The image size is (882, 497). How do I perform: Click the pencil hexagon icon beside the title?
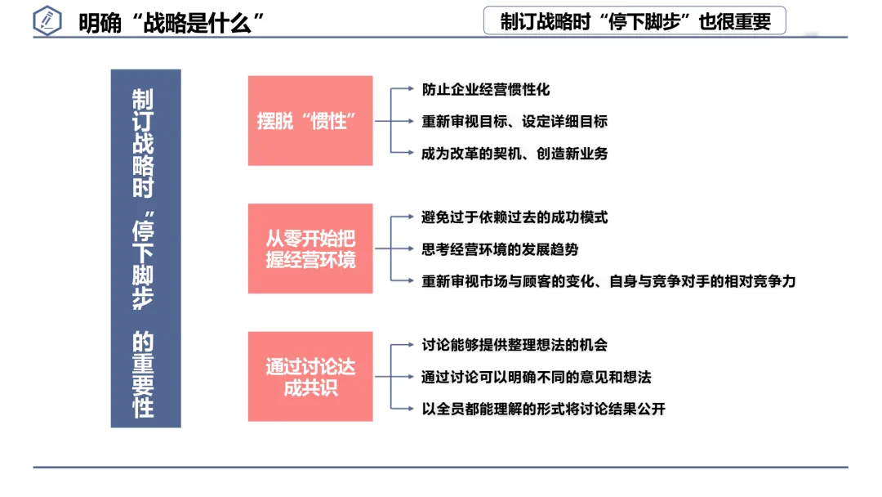(x=48, y=21)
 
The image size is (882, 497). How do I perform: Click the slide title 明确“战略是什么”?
(x=172, y=22)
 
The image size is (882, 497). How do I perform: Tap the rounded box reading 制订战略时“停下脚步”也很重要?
(x=635, y=21)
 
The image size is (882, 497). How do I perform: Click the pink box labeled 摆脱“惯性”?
(x=310, y=121)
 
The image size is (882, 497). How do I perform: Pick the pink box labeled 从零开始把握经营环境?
(x=310, y=248)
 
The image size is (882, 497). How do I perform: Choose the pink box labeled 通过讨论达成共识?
(x=310, y=376)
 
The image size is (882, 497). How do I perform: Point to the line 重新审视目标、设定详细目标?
(x=514, y=121)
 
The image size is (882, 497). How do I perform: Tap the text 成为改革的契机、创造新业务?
(x=514, y=153)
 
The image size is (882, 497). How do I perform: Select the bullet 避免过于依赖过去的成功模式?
(x=514, y=217)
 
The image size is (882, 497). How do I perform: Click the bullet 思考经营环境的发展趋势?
(x=500, y=248)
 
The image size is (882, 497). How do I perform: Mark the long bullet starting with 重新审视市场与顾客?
(x=608, y=280)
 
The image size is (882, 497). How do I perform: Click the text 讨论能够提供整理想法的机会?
(x=514, y=345)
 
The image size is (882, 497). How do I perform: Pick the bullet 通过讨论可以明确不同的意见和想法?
(x=536, y=377)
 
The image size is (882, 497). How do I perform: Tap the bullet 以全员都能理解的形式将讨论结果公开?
(x=543, y=409)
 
